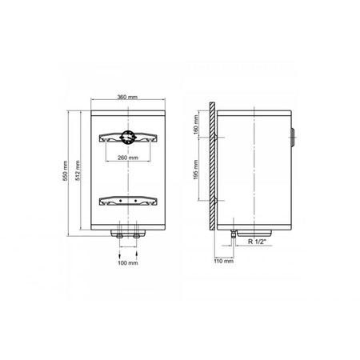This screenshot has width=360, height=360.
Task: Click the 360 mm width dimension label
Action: [127, 97]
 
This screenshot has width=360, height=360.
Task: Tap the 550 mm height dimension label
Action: [65, 170]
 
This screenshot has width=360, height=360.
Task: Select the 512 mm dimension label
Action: [78, 170]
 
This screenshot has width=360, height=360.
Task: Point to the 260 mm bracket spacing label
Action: [128, 158]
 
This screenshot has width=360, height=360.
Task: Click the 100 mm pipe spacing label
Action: [128, 263]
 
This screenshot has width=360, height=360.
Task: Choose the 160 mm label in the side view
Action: [196, 124]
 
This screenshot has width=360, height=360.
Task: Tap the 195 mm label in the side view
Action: [196, 170]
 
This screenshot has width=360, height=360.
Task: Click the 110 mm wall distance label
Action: [224, 261]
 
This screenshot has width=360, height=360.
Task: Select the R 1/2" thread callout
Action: [257, 242]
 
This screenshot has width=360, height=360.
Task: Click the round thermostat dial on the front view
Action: [128, 138]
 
